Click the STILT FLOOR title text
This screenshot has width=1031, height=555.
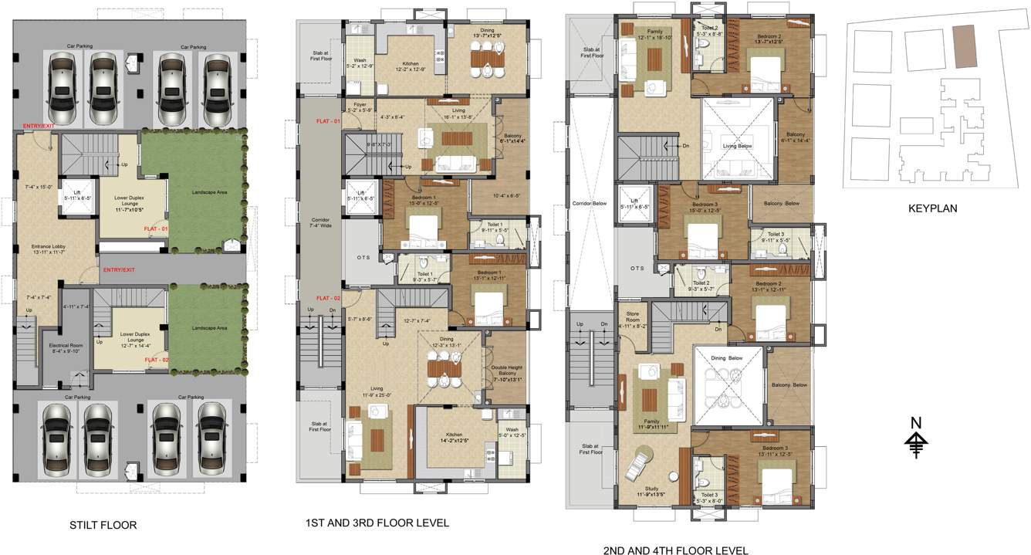click(x=103, y=526)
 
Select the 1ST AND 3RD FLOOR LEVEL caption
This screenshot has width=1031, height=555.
click(x=377, y=523)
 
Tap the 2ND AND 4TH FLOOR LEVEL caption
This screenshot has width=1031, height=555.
click(x=675, y=551)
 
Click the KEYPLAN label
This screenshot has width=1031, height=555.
click(x=933, y=208)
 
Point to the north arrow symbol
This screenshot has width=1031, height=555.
click(x=916, y=441)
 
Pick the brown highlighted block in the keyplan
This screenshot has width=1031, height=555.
click(x=963, y=46)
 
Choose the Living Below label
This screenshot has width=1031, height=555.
click(x=736, y=146)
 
